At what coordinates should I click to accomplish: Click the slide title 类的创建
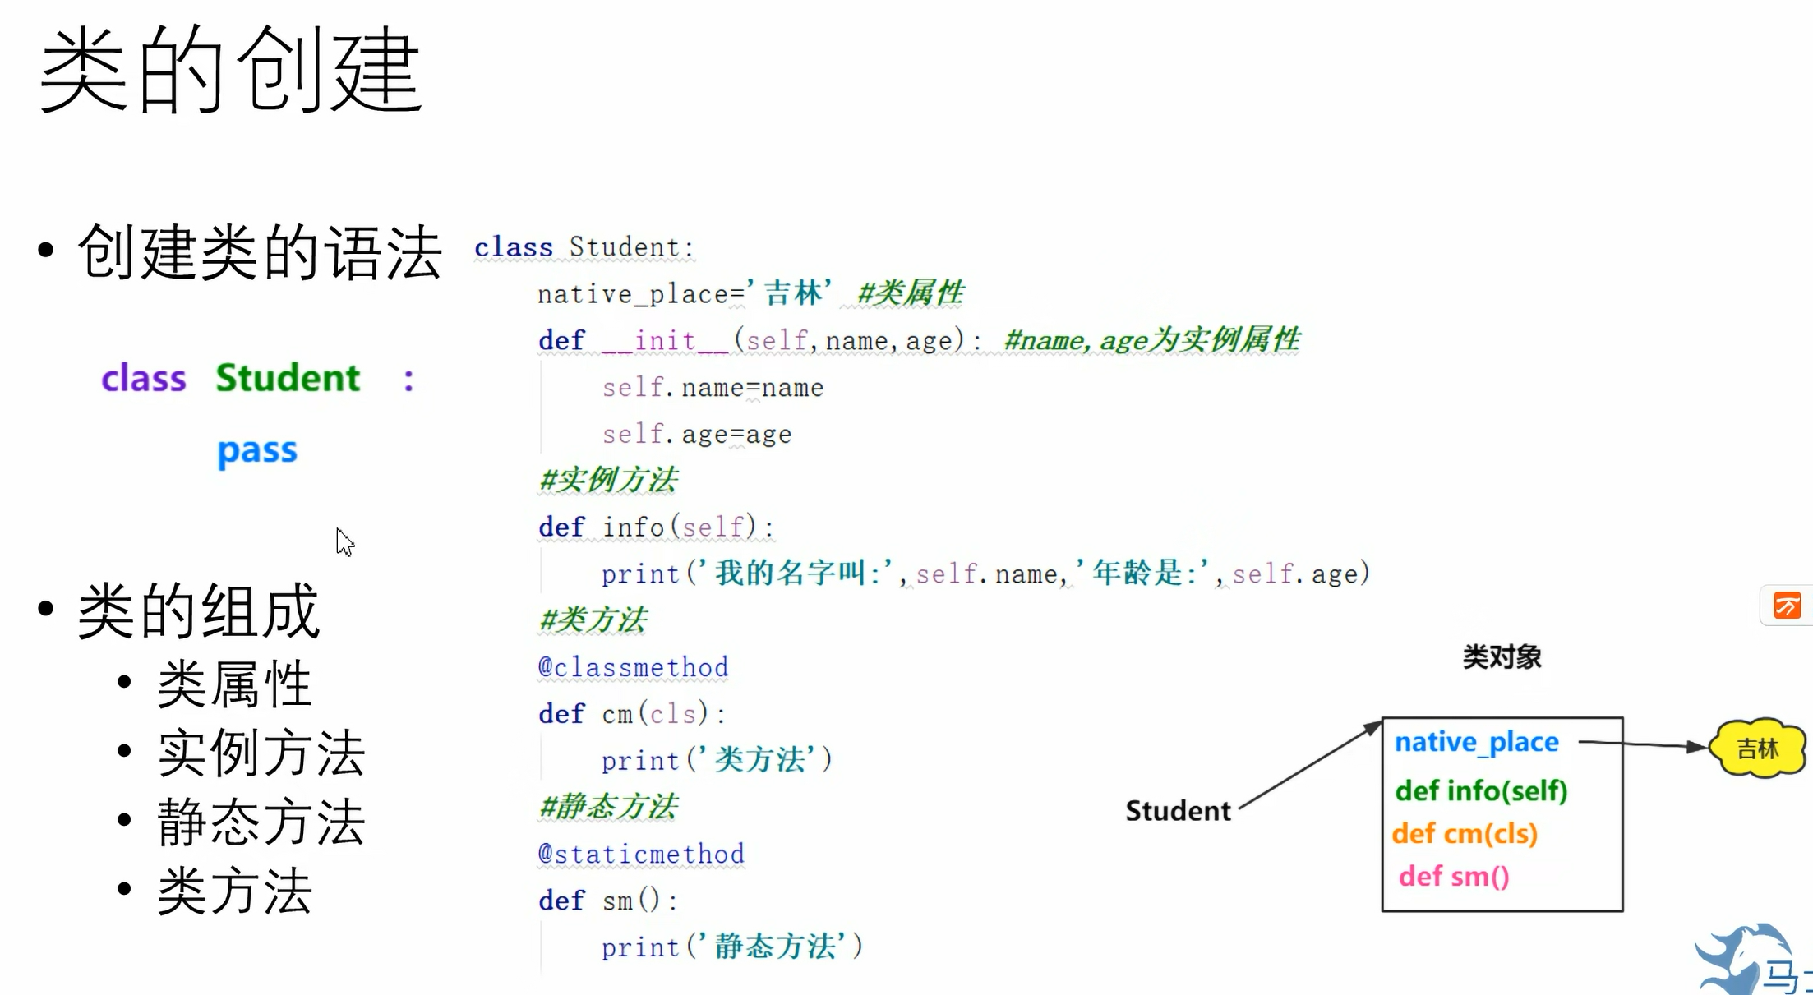230,70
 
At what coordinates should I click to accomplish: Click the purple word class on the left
144,379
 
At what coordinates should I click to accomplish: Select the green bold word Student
288,378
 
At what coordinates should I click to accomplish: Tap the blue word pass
257,450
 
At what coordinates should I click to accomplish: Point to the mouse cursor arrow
344,541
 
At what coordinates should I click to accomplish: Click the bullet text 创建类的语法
260,252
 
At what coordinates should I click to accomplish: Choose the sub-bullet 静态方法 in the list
261,822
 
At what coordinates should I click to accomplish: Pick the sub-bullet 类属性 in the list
234,684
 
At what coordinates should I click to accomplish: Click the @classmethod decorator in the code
633,667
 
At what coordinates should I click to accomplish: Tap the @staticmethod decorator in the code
641,854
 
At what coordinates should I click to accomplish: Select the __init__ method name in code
665,340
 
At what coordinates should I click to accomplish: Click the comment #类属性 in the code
910,293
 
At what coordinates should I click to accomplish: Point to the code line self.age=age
697,434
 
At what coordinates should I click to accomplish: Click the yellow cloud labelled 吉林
1757,748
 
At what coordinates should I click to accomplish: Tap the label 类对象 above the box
1502,657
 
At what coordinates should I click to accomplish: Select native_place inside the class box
1476,742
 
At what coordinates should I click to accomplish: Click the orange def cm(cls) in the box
1465,834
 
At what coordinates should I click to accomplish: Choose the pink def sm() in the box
1454,877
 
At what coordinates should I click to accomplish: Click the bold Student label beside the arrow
1178,811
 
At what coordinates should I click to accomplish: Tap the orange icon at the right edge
1787,606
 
